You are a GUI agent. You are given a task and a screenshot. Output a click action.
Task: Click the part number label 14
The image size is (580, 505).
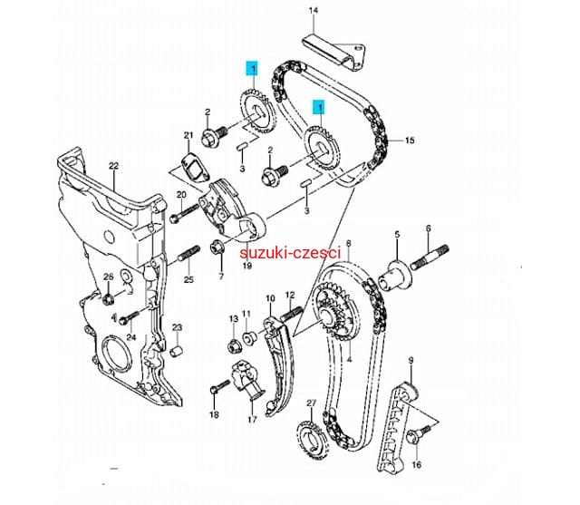(314, 12)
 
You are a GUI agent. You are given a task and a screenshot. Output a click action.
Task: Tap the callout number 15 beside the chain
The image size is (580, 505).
(409, 141)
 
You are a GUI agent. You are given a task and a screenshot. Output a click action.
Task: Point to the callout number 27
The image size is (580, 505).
(310, 403)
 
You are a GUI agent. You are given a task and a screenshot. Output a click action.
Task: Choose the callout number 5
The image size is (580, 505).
(396, 235)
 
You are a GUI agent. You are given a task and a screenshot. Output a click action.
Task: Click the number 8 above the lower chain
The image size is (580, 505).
(348, 244)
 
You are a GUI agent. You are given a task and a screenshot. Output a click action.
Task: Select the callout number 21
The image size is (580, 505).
(188, 137)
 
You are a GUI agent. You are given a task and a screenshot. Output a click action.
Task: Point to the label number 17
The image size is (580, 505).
(251, 419)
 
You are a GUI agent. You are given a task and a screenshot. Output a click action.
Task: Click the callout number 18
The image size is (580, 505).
(215, 414)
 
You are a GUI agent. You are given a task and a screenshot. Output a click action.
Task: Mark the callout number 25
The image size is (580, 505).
(188, 279)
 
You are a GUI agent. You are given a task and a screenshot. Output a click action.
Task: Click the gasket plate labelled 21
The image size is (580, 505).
(188, 165)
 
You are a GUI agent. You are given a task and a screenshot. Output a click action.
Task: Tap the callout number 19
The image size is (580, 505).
(246, 267)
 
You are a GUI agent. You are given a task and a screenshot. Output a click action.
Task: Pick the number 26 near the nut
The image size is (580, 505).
(107, 277)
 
